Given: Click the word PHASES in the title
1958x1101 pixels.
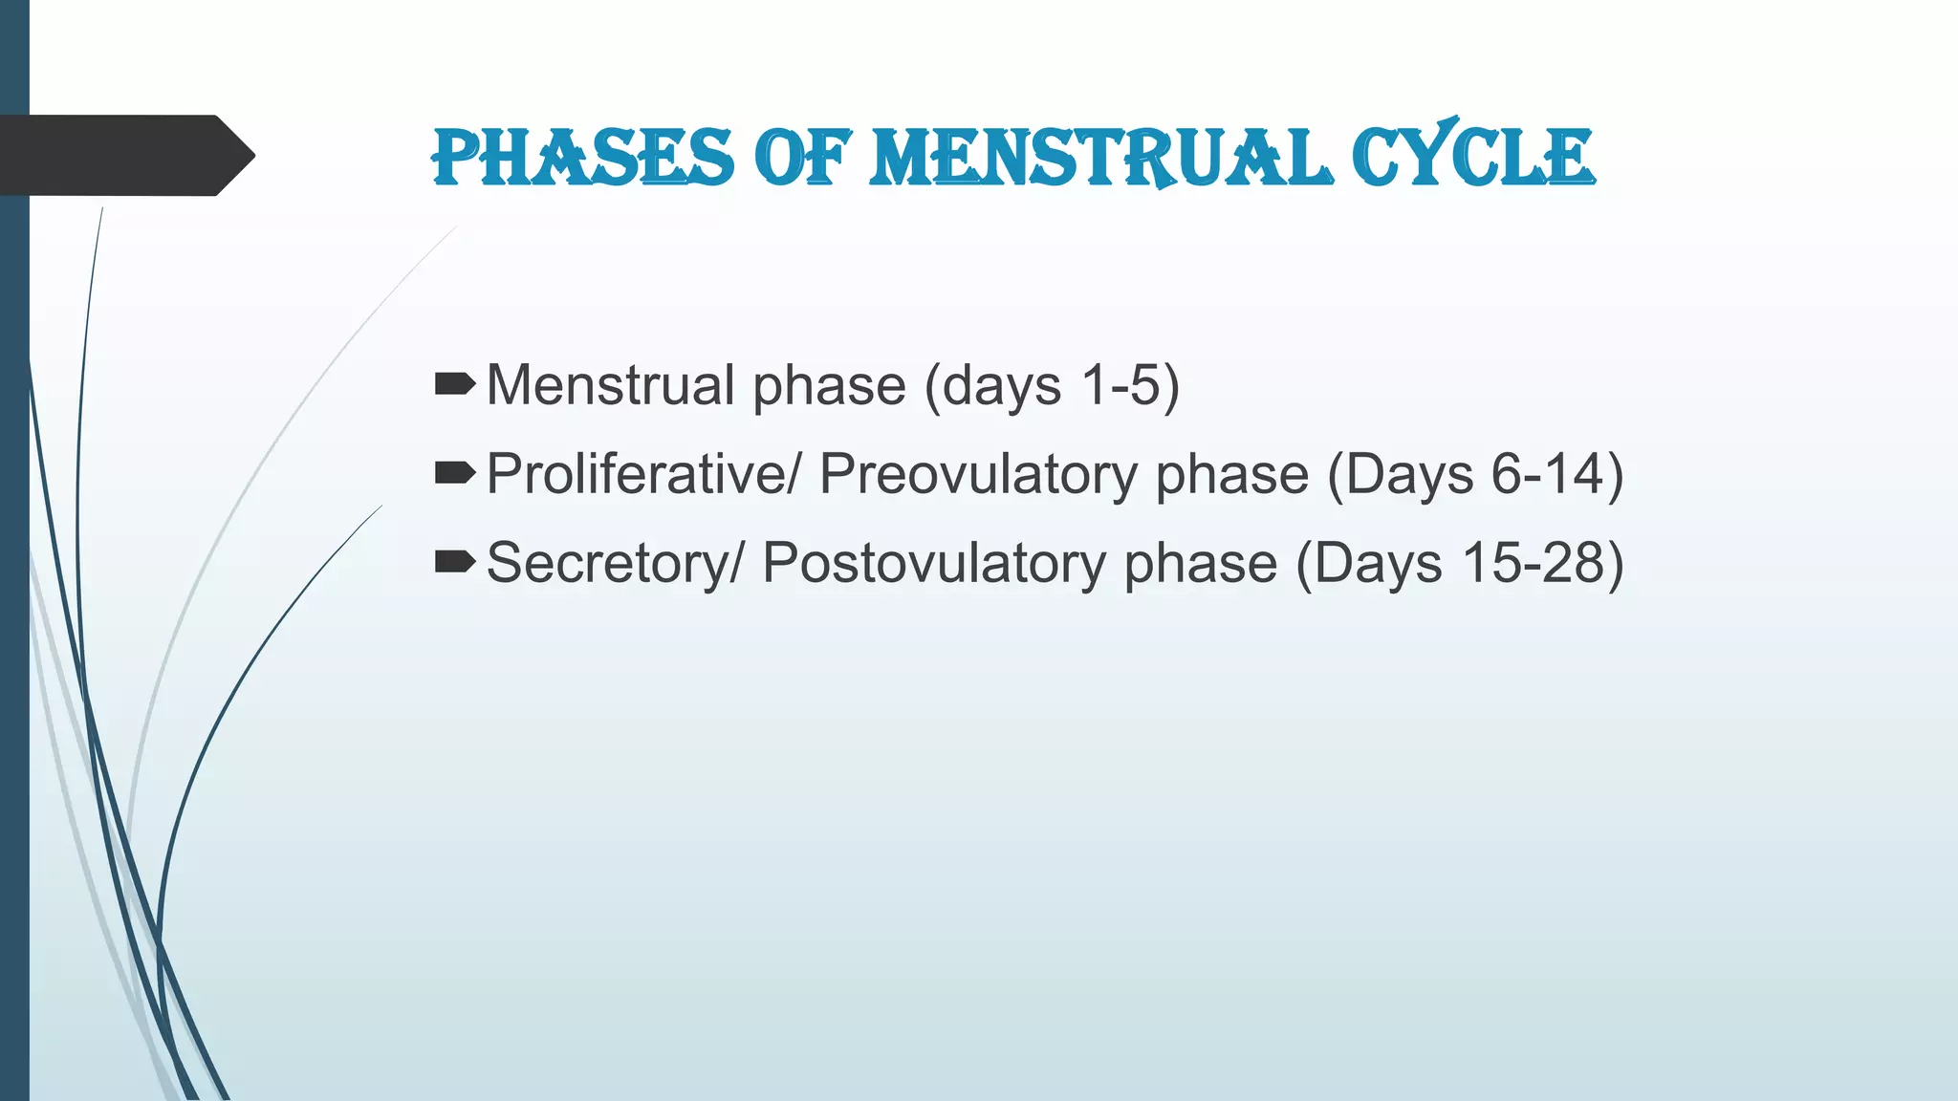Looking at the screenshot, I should coord(582,158).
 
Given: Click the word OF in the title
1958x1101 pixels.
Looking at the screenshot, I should coord(801,158).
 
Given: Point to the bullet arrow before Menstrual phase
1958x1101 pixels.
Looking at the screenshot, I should coord(454,384).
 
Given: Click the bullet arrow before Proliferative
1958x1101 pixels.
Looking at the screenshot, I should coord(454,472).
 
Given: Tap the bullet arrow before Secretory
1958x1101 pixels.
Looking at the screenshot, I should coord(454,561).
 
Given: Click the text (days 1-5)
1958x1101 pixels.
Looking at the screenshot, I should coord(1052,386).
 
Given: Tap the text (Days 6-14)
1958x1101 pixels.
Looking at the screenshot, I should coord(1475,475).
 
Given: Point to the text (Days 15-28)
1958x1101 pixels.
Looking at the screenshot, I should coord(1459,564).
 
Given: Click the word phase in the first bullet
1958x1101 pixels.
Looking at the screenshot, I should coord(829,386).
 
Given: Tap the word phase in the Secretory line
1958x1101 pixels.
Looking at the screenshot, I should coord(1200,564).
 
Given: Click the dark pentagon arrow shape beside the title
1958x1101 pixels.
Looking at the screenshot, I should coord(115,156).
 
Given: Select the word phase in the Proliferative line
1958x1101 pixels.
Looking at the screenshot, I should coord(1231,475).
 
